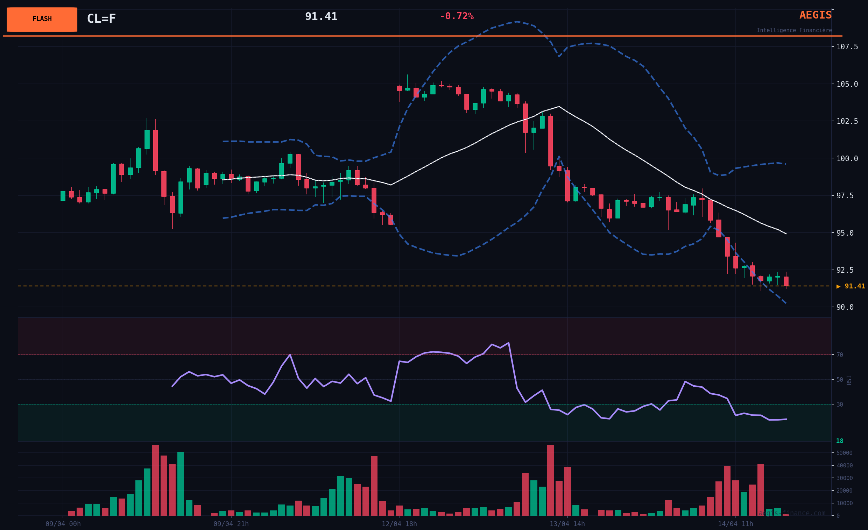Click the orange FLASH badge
pos(42,19)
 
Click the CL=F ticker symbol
pos(101,19)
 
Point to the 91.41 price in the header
pos(321,16)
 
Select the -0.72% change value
pos(456,16)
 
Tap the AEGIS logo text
pos(815,15)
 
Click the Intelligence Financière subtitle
pos(794,31)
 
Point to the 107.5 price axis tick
pos(847,47)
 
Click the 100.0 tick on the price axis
pos(847,158)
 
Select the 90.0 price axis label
pos(845,307)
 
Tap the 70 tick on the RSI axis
pos(840,355)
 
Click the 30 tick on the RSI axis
pos(840,404)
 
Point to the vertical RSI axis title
pos(849,380)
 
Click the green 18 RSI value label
pos(839,441)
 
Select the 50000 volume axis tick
pos(845,453)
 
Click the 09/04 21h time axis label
pos(231,524)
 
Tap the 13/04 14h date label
pos(567,524)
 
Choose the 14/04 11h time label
pos(735,524)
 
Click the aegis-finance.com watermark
pos(792,513)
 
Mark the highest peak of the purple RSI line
pos(508,342)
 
